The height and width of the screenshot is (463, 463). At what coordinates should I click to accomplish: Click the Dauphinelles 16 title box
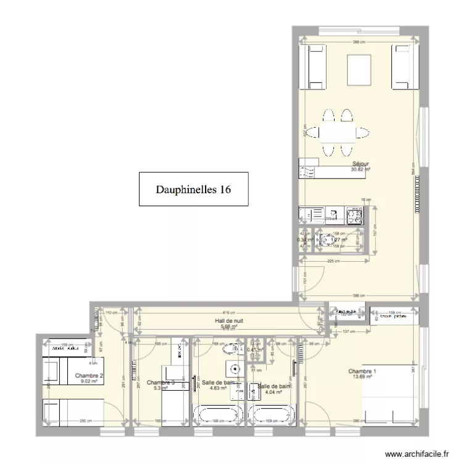(193, 189)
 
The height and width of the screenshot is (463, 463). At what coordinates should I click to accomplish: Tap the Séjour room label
(361, 164)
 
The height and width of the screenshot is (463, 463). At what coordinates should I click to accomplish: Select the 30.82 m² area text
(360, 170)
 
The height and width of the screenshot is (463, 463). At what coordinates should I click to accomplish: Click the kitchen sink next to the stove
(333, 214)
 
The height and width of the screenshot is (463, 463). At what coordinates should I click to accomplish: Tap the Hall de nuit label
(229, 322)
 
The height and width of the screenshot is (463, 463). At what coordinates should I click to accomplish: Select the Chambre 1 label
(362, 371)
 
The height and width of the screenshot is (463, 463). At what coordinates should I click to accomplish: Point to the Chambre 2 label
(89, 375)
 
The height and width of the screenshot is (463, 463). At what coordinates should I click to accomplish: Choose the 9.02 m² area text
(89, 382)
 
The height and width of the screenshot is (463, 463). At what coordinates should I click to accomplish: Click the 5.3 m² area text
(160, 388)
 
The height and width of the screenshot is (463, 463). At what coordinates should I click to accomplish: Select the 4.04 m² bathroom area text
(273, 391)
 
